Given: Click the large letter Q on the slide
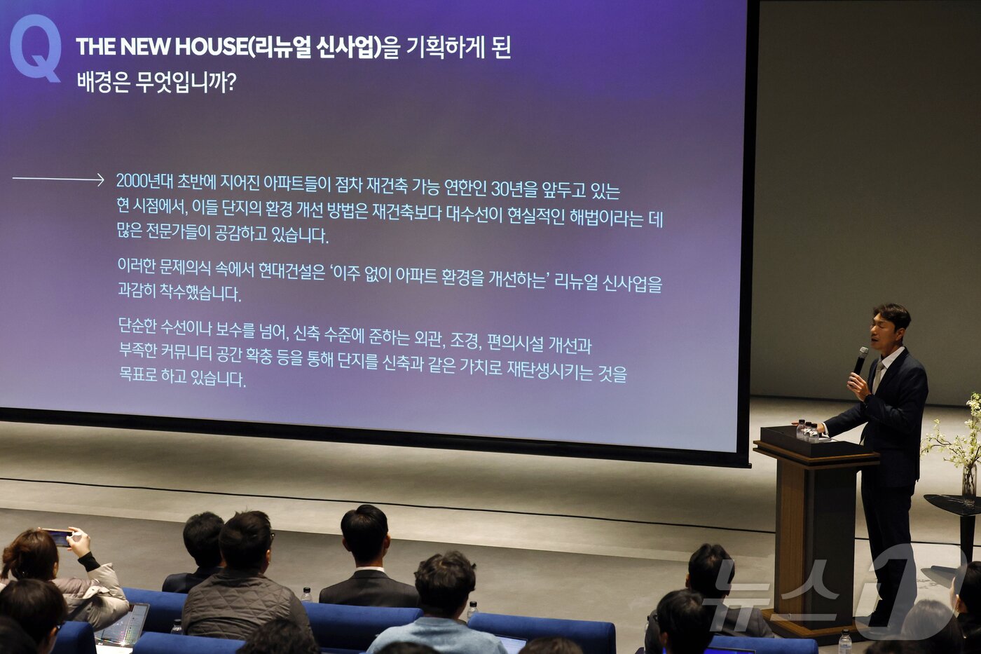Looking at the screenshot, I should (35, 47).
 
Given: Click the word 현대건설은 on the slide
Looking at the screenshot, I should (291, 272).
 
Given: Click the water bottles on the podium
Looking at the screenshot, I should (807, 430).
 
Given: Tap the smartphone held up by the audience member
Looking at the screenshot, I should (59, 538).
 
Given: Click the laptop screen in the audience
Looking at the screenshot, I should (125, 624).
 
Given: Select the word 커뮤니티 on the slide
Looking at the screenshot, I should (186, 352).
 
